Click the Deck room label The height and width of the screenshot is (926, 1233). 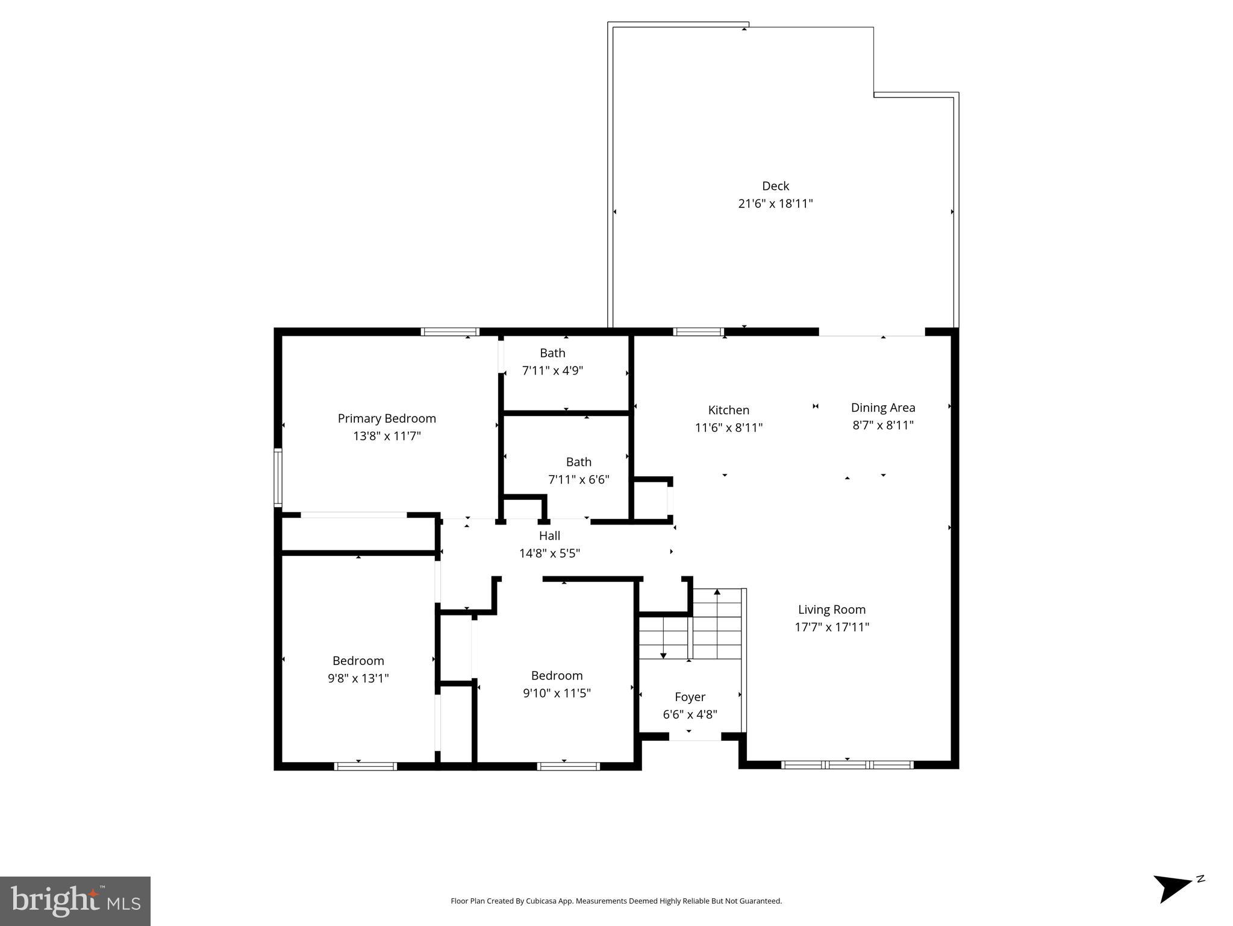click(x=775, y=186)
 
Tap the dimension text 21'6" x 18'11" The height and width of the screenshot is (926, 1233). click(x=775, y=204)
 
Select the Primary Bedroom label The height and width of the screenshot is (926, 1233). click(x=387, y=418)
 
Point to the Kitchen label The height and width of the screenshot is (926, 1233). click(x=728, y=410)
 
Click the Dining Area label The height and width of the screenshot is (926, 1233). click(x=882, y=408)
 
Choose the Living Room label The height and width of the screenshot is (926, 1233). click(x=831, y=609)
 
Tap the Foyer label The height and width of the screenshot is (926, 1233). click(x=690, y=697)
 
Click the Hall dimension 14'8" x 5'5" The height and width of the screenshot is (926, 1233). click(x=549, y=553)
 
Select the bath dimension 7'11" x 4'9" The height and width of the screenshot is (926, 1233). click(x=552, y=371)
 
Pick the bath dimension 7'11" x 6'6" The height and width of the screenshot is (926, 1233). click(x=578, y=480)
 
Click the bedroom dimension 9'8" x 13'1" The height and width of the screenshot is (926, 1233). click(x=358, y=678)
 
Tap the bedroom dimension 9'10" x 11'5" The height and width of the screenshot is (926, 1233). click(x=557, y=693)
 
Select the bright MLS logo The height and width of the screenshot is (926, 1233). click(x=75, y=901)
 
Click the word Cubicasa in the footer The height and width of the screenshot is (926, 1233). click(x=540, y=901)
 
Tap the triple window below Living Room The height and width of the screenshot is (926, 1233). click(x=847, y=765)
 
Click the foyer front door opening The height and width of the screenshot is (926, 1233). click(x=695, y=737)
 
